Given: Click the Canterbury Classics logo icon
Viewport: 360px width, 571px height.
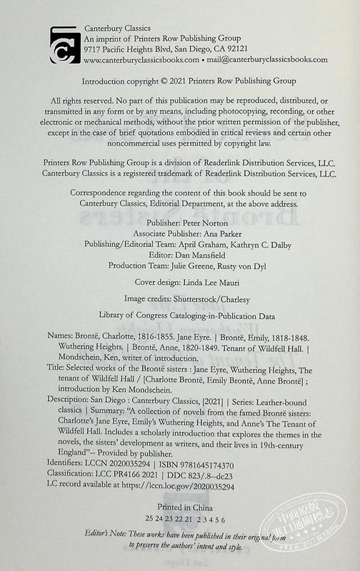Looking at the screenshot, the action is pyautogui.click(x=65, y=44).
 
